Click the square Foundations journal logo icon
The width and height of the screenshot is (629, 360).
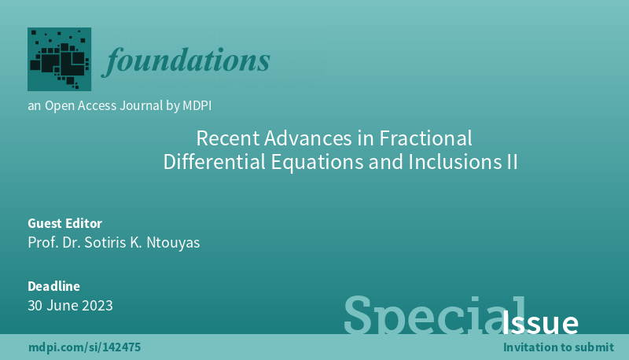click(60, 59)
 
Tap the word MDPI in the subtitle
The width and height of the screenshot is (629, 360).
click(197, 105)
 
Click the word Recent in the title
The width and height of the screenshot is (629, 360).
click(228, 138)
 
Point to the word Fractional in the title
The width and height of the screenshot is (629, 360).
click(425, 138)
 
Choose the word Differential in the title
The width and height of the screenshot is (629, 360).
click(214, 162)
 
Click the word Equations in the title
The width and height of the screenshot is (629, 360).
click(317, 163)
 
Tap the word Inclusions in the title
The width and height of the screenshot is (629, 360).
click(453, 162)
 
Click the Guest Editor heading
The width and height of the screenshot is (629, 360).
click(65, 223)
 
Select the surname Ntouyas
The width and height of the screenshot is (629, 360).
click(173, 243)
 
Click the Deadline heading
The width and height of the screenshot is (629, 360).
click(53, 286)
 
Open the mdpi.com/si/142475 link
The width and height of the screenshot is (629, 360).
click(85, 347)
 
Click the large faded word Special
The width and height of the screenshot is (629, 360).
click(434, 316)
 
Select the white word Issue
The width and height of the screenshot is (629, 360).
click(540, 322)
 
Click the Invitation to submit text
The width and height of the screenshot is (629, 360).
click(558, 347)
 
